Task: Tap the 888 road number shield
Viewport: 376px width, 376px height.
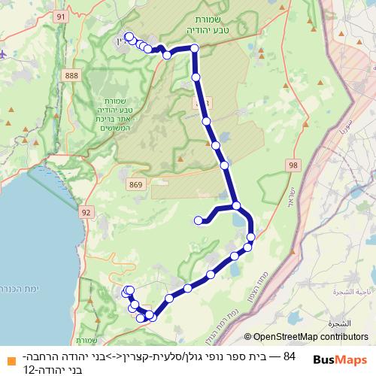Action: (72, 76)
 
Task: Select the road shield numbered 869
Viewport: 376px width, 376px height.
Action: (135, 183)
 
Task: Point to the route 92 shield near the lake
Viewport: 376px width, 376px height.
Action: (86, 213)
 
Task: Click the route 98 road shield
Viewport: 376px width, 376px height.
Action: (293, 165)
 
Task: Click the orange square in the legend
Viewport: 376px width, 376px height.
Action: (9, 360)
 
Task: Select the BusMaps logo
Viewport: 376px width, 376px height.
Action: (340, 360)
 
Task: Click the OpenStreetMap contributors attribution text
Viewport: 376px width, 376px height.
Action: (311, 337)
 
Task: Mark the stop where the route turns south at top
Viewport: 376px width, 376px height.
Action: (195, 49)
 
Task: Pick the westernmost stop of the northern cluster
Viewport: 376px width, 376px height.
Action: (129, 37)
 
